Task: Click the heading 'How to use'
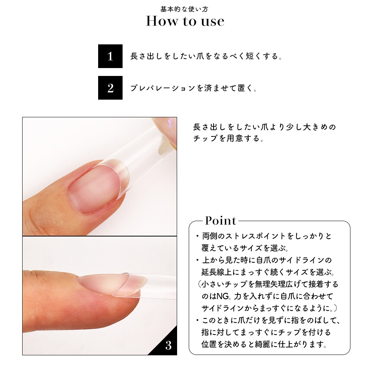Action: click(185, 21)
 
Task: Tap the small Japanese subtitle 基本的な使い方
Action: click(184, 9)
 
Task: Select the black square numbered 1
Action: click(110, 56)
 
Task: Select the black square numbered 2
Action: click(110, 88)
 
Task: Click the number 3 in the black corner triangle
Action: click(168, 345)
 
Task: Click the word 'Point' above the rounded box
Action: click(221, 221)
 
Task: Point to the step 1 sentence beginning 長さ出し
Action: click(206, 56)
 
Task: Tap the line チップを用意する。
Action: click(229, 138)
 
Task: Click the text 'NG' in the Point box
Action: click(222, 296)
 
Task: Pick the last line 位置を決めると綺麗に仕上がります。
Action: click(264, 344)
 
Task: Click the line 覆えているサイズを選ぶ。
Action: click(245, 248)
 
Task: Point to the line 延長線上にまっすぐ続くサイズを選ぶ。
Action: click(268, 272)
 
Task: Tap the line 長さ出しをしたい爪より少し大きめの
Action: click(264, 127)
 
